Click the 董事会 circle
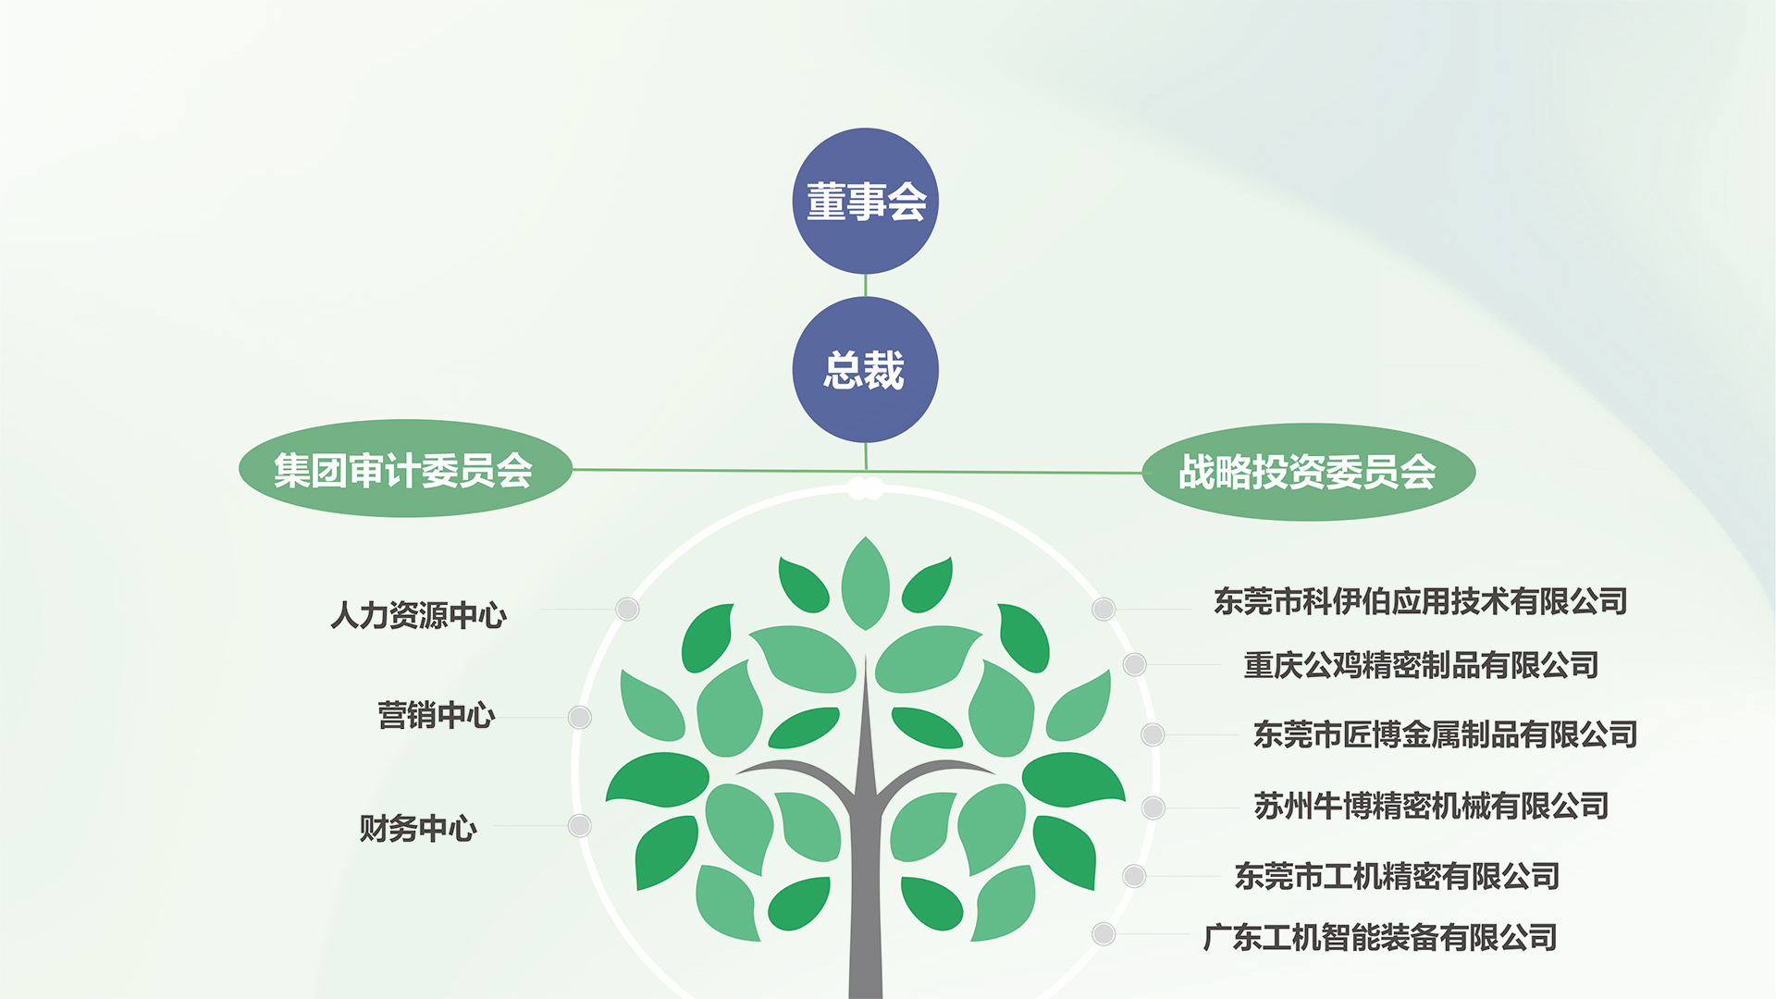pos(865,201)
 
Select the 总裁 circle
pos(865,370)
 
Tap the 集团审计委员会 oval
pos(405,469)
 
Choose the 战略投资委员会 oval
pos(1308,472)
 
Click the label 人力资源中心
pos(418,615)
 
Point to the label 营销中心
pos(437,715)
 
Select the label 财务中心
pos(418,828)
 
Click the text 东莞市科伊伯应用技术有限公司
pos(1421,601)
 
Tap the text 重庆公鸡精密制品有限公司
pos(1422,665)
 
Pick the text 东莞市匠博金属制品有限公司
pos(1445,734)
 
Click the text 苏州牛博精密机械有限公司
pos(1431,806)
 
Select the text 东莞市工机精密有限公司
pos(1397,876)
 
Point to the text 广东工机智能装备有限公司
pos(1380,937)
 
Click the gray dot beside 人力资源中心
pos(628,609)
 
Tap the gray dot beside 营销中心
pos(580,717)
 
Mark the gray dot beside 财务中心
pos(580,825)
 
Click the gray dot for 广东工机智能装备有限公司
pos(1104,933)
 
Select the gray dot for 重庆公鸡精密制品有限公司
pos(1135,664)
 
